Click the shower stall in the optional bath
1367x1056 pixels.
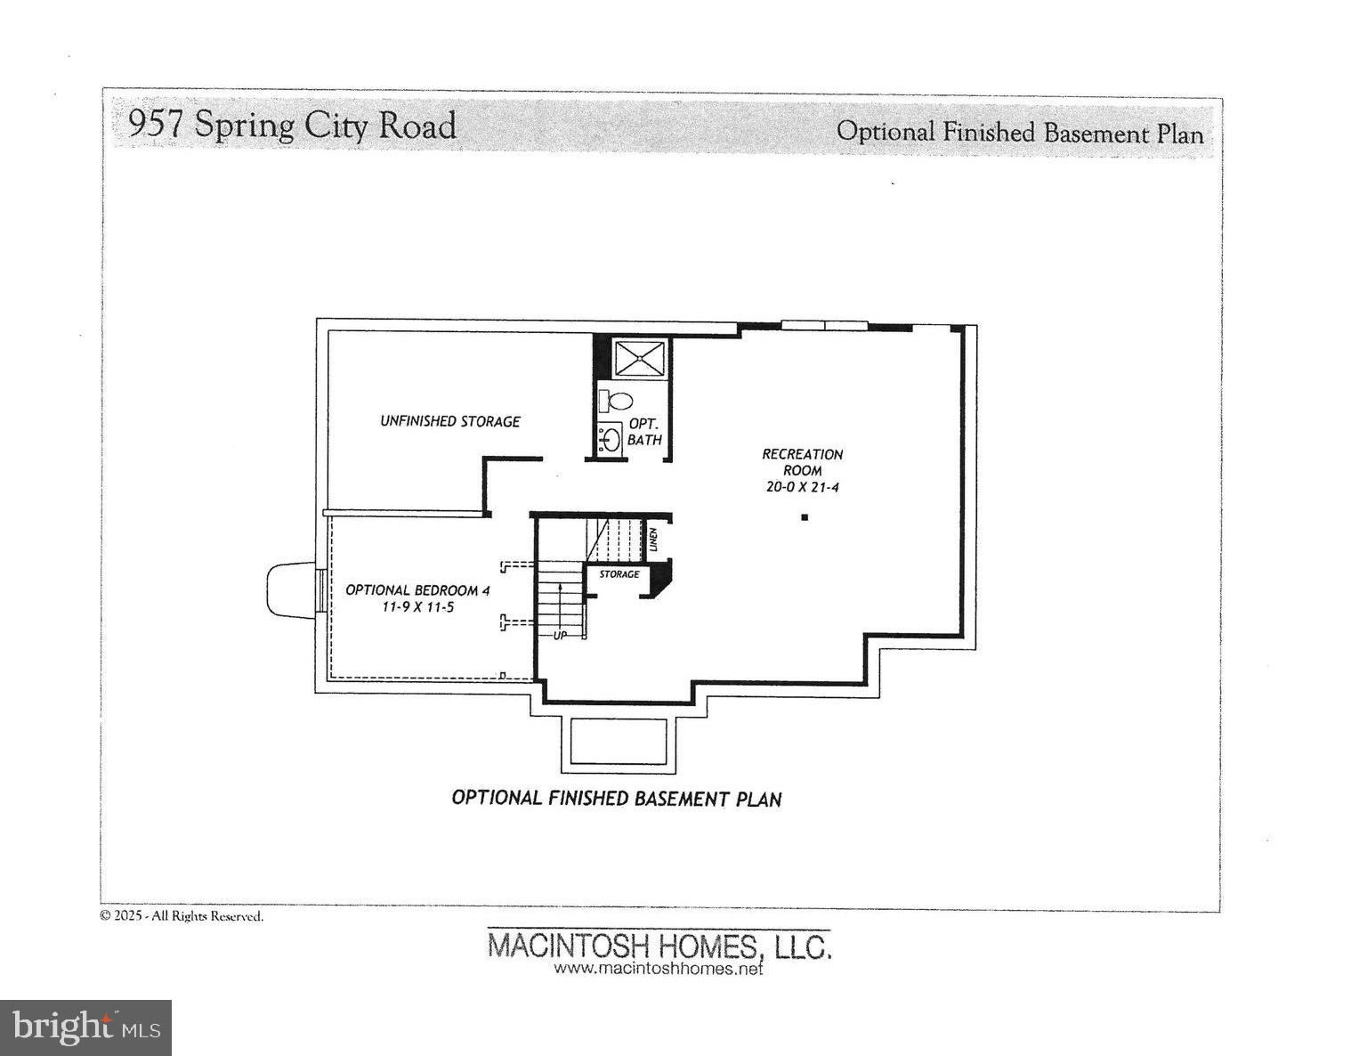[x=639, y=359]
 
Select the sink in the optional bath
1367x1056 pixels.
[x=610, y=439]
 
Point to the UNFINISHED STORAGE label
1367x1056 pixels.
[x=450, y=421]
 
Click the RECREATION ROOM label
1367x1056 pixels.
[x=802, y=462]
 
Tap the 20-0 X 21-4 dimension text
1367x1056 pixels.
[x=802, y=487]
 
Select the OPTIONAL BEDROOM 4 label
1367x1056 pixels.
[x=417, y=589]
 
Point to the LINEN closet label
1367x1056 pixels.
[x=653, y=540]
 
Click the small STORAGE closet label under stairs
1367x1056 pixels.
[x=619, y=574]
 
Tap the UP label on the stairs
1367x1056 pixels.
[x=560, y=636]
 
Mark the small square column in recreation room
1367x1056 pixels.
[x=805, y=516]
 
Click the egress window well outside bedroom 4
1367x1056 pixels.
[x=291, y=589]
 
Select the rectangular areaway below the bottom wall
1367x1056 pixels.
[x=618, y=742]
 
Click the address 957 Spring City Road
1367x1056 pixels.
[x=292, y=125]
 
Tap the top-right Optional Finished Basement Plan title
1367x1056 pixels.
[x=1019, y=133]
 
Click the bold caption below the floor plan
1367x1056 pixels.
[x=616, y=798]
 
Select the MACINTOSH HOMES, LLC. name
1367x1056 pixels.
[x=659, y=945]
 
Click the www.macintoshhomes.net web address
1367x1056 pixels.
[x=659, y=969]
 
